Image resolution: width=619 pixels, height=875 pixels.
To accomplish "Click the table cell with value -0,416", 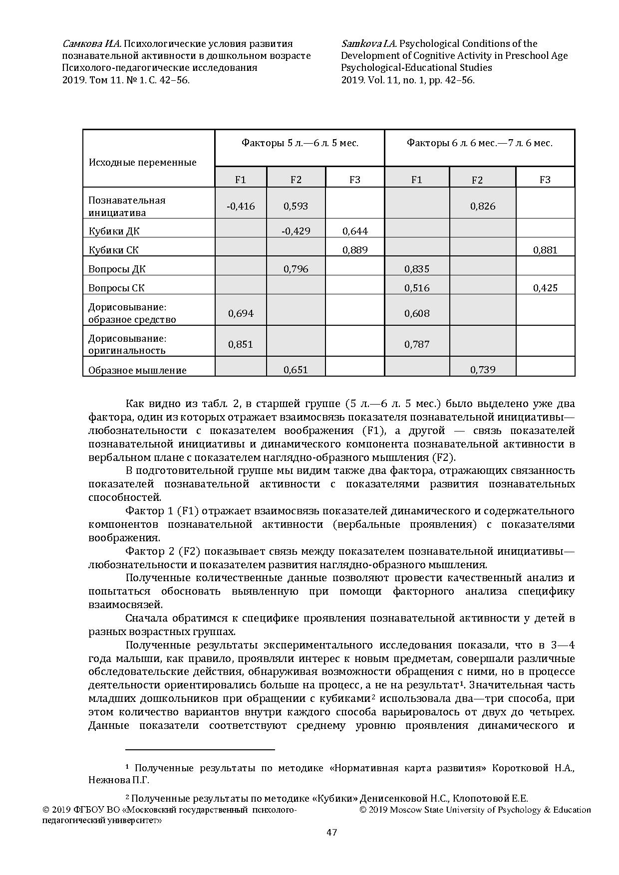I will pos(241,206).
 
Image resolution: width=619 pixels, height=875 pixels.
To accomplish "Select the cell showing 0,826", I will pos(482,206).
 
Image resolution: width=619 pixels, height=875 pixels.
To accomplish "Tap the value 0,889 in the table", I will pos(355,250).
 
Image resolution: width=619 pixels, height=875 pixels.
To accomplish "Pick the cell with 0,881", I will pos(545,250).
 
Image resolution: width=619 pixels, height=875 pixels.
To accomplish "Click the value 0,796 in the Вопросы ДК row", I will pos(296,269).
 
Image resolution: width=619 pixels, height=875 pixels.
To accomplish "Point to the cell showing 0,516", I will pos(417,288).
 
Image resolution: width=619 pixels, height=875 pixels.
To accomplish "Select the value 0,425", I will pos(545,288).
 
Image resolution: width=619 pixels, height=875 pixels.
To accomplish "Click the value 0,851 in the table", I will pos(241,344).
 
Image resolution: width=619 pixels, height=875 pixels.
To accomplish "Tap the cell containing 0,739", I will pos(482,369).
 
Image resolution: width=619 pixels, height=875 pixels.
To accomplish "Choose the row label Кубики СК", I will pos(113,250).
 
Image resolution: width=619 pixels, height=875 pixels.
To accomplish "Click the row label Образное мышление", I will pos(137,370).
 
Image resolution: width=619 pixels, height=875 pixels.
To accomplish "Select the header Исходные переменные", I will pos(143,162).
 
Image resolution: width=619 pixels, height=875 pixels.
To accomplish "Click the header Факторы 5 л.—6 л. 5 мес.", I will pos(300,143).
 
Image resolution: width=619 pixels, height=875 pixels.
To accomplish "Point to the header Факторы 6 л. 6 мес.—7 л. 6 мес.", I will pos(479,143).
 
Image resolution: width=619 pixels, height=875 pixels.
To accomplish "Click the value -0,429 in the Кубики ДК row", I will pos(296,230).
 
